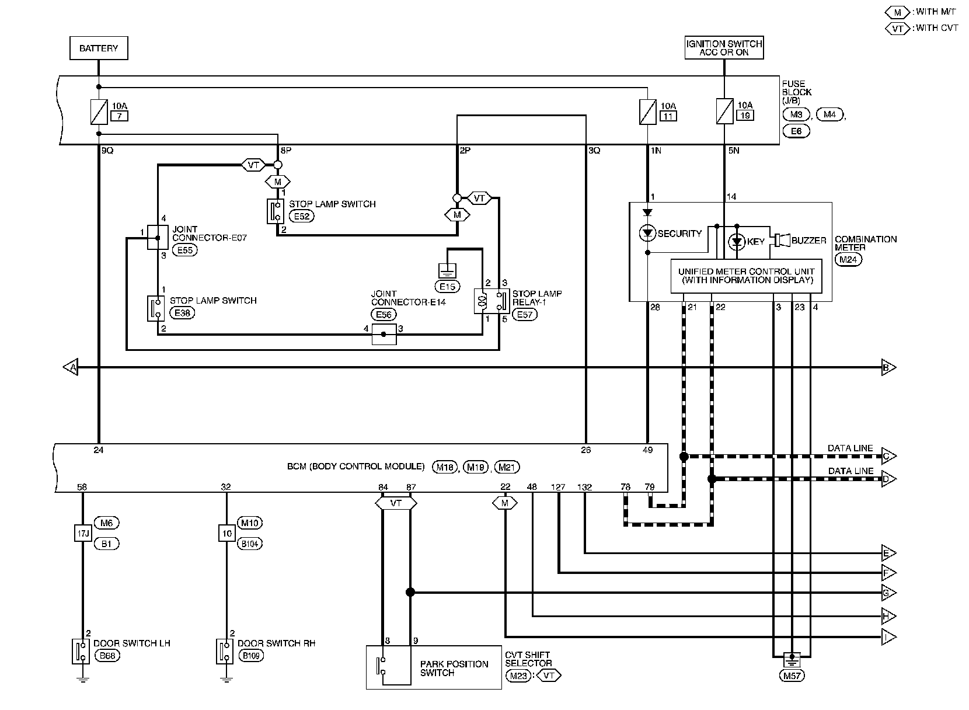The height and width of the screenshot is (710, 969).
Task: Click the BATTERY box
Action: tap(99, 48)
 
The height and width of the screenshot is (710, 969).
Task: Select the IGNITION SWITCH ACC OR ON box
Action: tap(724, 48)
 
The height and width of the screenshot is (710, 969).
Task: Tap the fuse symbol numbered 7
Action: tap(99, 112)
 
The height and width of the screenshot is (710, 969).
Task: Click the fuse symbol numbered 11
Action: tap(647, 112)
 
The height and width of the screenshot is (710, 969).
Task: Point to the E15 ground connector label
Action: tap(447, 286)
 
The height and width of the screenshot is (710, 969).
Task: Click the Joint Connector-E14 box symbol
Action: tap(384, 334)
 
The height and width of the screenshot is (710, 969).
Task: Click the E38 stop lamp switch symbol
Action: tap(157, 308)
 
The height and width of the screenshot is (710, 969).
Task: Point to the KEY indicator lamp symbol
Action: tap(737, 241)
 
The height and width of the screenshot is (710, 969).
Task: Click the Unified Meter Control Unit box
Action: tap(746, 276)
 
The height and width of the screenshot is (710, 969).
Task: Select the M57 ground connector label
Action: tap(792, 676)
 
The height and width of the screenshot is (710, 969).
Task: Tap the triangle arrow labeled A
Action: tap(71, 367)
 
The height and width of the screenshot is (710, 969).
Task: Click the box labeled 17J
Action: tap(82, 533)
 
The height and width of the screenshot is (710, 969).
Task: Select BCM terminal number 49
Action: tap(647, 450)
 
